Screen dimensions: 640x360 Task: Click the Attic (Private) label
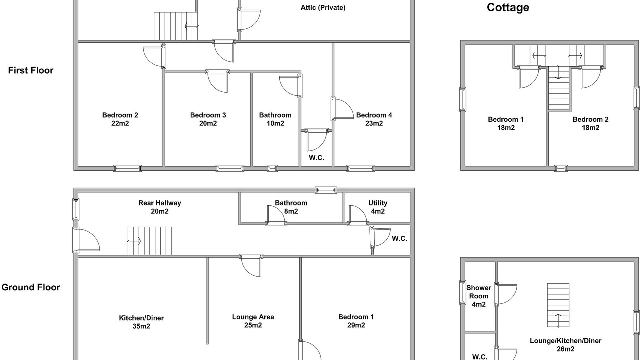click(323, 8)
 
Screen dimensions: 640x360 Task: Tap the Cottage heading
click(508, 7)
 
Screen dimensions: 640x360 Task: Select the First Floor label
click(31, 70)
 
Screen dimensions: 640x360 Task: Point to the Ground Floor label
click(31, 287)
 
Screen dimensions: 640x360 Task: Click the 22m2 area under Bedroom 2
click(120, 123)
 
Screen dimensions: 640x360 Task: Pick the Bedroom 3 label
click(208, 115)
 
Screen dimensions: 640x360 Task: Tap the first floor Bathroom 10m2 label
click(275, 119)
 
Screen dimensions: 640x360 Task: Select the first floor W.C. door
click(316, 140)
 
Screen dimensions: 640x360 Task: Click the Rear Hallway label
click(160, 203)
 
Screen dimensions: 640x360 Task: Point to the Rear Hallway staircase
click(149, 241)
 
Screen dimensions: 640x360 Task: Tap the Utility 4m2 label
click(378, 207)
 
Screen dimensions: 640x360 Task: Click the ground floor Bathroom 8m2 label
click(291, 207)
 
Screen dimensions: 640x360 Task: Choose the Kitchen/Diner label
click(141, 318)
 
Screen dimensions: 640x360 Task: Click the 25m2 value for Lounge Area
click(253, 325)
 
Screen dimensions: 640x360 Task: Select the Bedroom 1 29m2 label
click(356, 321)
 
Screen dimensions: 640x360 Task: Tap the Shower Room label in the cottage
click(479, 292)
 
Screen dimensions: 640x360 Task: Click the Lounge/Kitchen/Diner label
click(565, 341)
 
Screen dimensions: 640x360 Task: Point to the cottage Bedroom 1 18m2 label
click(506, 123)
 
